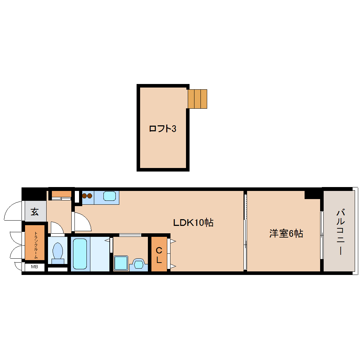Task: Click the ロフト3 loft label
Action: (162, 129)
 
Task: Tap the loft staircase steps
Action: (197, 99)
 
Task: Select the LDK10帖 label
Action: (193, 223)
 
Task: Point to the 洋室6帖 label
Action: (286, 234)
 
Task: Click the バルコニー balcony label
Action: (340, 232)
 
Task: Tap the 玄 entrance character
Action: (35, 212)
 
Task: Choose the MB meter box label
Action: (34, 267)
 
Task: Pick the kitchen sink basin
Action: (109, 196)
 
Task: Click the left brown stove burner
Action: (85, 196)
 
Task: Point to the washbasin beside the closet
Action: (138, 264)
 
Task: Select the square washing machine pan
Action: (121, 263)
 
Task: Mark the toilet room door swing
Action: (56, 228)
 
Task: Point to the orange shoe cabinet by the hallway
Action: (61, 194)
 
